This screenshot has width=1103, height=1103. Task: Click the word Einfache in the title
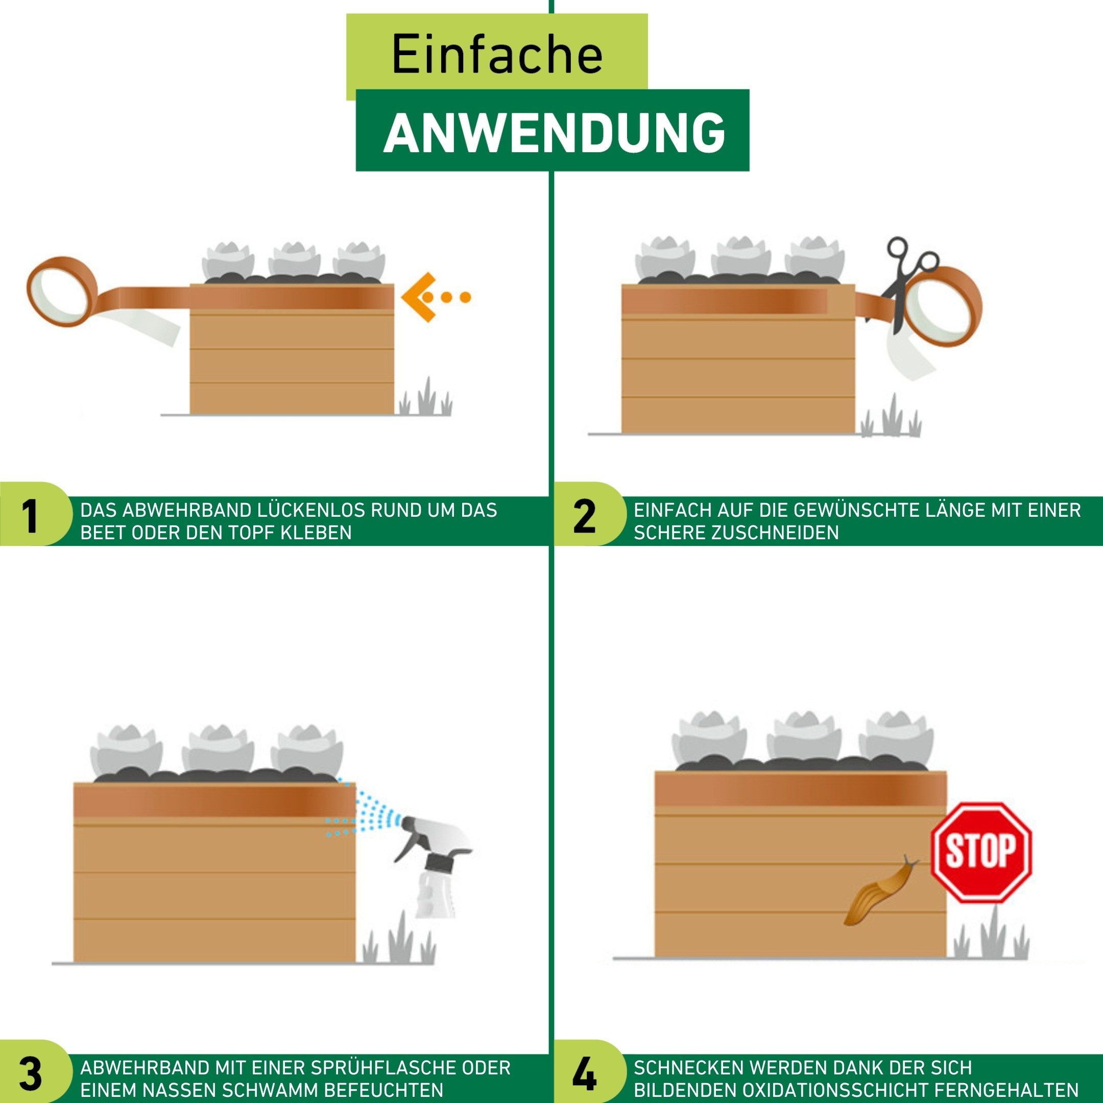tap(497, 55)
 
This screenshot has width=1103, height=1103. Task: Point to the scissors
tap(905, 282)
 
